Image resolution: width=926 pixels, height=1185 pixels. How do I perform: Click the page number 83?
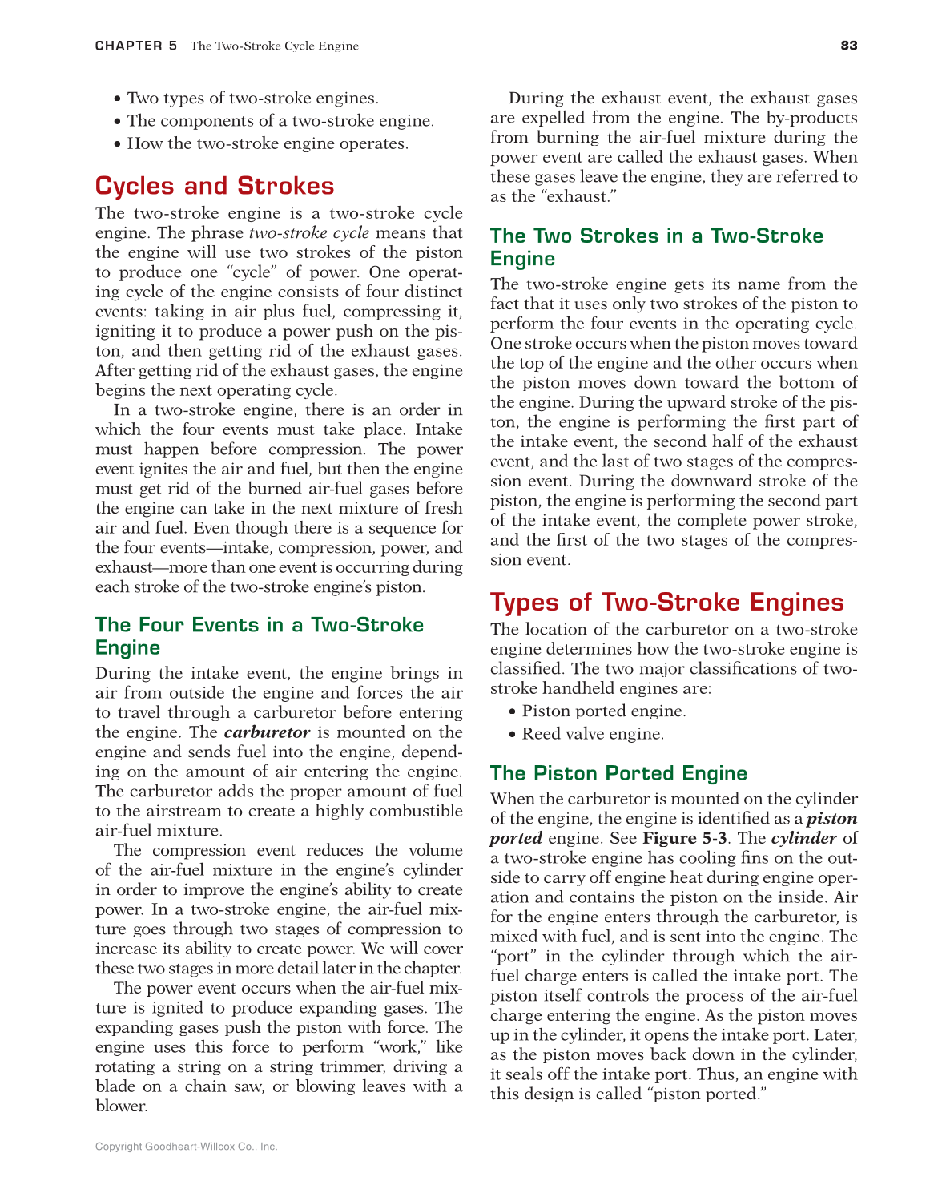pos(849,46)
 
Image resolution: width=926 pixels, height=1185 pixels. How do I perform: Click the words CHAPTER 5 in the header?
pos(136,46)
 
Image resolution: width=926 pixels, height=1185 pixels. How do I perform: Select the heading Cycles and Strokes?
pos(215,186)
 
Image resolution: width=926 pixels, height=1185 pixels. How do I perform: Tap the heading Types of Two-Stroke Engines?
pos(666,603)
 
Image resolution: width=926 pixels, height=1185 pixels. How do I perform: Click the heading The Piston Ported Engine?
pos(618,773)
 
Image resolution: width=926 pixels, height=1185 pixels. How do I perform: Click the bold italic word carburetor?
pos(267,732)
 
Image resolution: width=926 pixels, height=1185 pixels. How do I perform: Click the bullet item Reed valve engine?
pos(593,734)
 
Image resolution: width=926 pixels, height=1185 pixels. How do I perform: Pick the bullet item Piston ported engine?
pos(603,711)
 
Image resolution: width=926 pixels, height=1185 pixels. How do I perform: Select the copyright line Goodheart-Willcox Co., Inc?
pos(186,1147)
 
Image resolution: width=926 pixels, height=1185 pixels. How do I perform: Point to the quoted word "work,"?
pos(399,1047)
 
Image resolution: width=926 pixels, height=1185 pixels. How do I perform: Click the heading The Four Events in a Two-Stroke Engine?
pos(259,636)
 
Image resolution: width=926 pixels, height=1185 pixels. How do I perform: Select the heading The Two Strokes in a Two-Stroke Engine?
pos(656,247)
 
